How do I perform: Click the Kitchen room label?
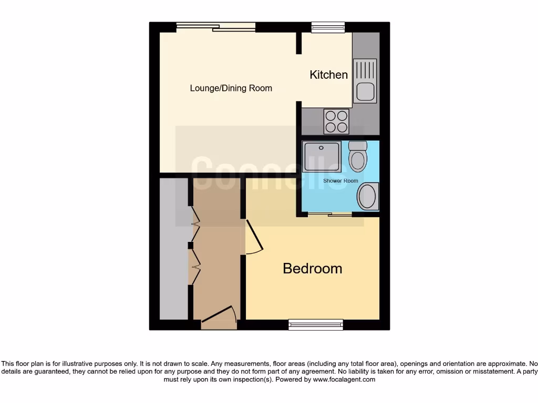[328, 75]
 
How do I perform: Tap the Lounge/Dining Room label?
[231, 88]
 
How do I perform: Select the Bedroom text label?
[312, 269]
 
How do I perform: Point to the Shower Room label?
[340, 181]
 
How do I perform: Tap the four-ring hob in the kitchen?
[336, 121]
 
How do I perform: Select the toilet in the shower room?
[357, 156]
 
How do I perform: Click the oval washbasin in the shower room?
[368, 196]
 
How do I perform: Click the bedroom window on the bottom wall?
[316, 325]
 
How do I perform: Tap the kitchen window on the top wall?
[328, 27]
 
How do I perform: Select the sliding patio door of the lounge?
[215, 27]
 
